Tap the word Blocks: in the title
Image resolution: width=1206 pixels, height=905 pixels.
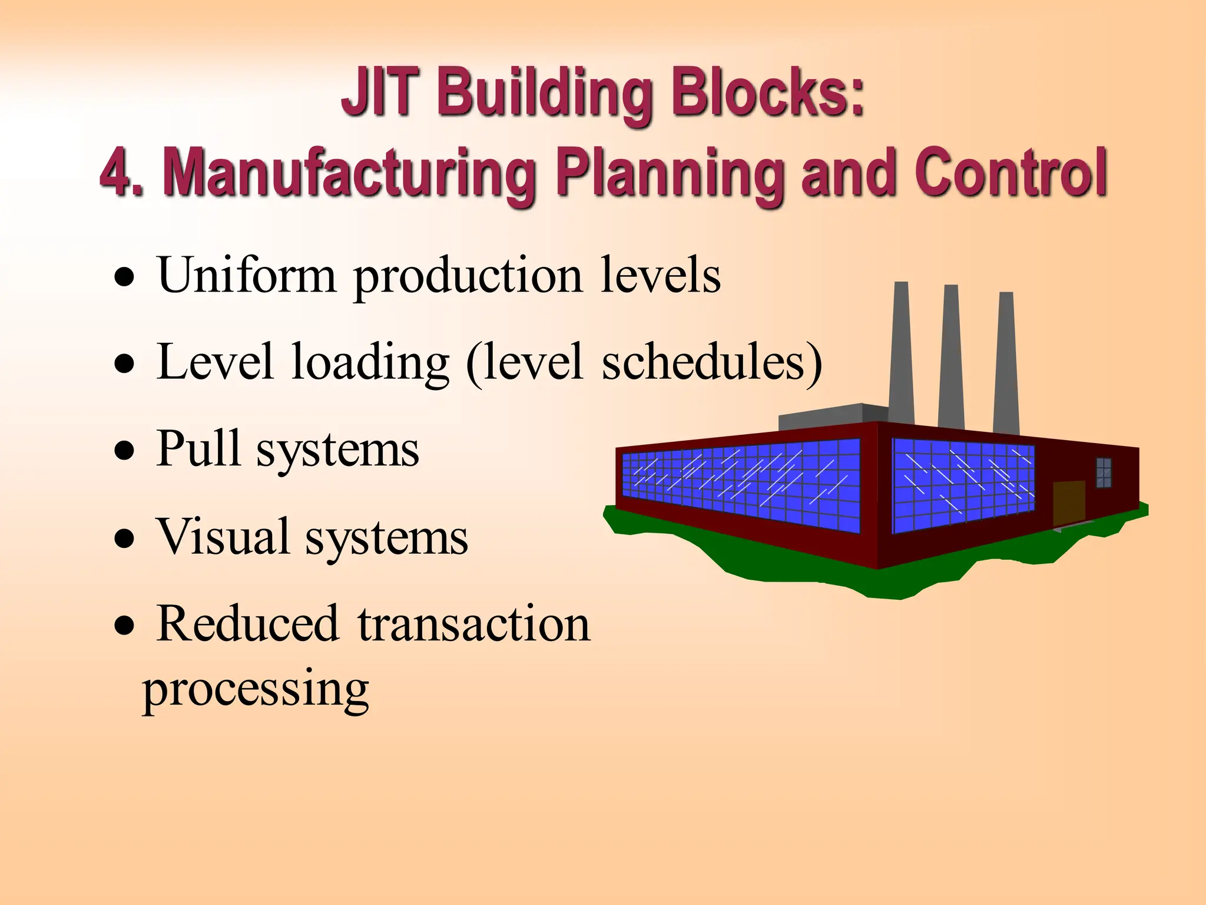pos(768,93)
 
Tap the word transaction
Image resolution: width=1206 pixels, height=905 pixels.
pos(473,625)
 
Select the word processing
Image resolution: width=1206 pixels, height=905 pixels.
pos(256,689)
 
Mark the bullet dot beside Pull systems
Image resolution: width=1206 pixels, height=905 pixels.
pos(124,451)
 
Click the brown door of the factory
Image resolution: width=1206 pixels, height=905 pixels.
pos(1069,503)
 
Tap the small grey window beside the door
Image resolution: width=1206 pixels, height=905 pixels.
pos(1104,473)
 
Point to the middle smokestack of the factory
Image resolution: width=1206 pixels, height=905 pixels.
pos(951,356)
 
